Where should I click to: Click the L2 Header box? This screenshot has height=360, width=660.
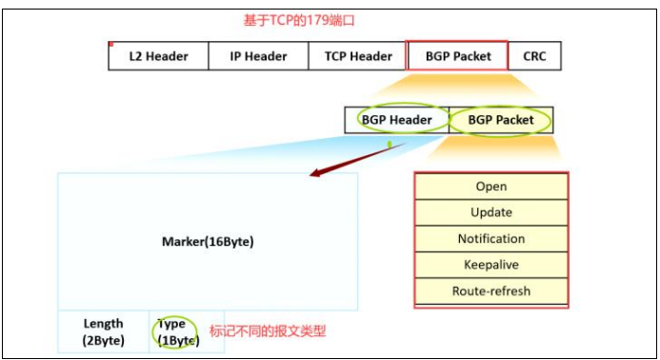pyautogui.click(x=158, y=56)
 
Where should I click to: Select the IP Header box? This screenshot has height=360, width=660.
pyautogui.click(x=258, y=56)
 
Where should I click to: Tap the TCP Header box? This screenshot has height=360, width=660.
pyautogui.click(x=358, y=56)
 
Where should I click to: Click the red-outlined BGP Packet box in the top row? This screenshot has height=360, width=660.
pyautogui.click(x=458, y=56)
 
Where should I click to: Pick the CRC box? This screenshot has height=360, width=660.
pyautogui.click(x=535, y=56)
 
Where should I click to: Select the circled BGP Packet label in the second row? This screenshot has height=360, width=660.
pyautogui.click(x=501, y=120)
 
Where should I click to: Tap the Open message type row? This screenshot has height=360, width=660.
pyautogui.click(x=491, y=187)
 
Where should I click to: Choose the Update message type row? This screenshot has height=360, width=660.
pyautogui.click(x=491, y=212)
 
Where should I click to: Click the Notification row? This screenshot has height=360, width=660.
pyautogui.click(x=491, y=239)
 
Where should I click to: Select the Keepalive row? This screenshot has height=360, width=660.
pyautogui.click(x=491, y=265)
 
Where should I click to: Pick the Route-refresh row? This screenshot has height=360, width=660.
pyautogui.click(x=491, y=291)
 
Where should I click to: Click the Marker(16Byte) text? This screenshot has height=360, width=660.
pyautogui.click(x=208, y=242)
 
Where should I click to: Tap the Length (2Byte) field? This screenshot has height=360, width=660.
pyautogui.click(x=103, y=331)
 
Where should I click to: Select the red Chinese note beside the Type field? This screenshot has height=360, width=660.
pyautogui.click(x=267, y=331)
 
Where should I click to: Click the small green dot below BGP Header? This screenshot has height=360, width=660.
pyautogui.click(x=390, y=145)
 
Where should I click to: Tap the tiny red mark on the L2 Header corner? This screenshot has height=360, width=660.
pyautogui.click(x=111, y=44)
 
